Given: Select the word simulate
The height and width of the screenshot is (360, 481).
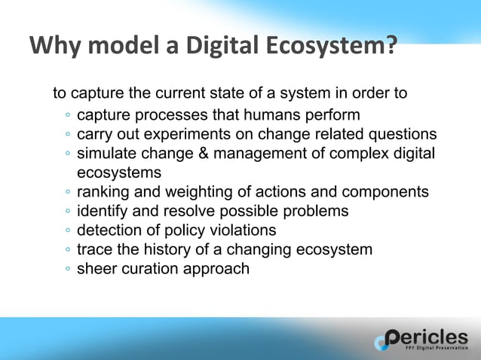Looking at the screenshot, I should click(107, 154).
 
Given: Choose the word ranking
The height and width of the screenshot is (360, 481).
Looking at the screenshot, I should click(103, 192).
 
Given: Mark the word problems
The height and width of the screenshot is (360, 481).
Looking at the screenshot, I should click(315, 211).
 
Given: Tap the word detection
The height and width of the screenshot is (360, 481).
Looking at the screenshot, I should click(109, 230).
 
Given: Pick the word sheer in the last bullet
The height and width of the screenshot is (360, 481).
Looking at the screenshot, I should click(97, 269).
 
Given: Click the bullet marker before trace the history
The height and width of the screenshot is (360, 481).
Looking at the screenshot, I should click(68, 250).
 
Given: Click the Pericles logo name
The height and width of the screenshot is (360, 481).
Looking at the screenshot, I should click(427, 337).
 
